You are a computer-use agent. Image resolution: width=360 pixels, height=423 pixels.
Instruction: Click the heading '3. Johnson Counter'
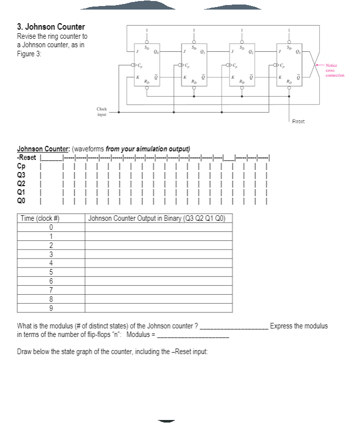click(51, 27)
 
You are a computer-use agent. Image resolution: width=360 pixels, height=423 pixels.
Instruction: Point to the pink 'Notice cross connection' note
click(334, 70)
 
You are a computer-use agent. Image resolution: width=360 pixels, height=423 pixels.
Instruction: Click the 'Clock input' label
click(102, 111)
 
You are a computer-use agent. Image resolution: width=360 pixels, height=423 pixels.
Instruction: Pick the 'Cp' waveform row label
click(21, 165)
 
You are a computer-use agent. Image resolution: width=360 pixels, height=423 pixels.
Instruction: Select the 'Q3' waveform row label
click(22, 174)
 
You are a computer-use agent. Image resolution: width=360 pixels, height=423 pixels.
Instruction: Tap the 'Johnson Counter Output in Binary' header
click(158, 218)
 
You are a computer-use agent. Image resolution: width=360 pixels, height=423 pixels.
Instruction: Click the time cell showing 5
click(51, 272)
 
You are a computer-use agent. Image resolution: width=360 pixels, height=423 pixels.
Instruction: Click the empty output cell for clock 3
click(158, 254)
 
